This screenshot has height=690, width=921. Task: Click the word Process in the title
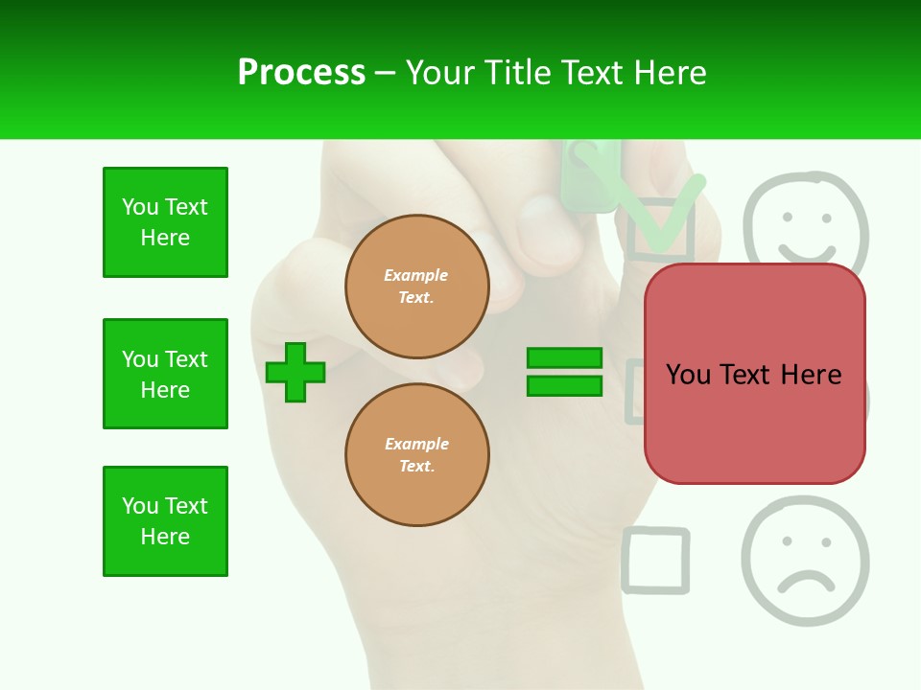(301, 73)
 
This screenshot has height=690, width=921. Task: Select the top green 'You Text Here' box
(165, 222)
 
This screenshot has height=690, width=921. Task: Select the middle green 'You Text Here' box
(165, 374)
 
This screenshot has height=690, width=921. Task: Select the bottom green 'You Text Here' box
(165, 521)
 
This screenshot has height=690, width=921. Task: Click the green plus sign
(295, 372)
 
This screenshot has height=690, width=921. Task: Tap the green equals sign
(564, 372)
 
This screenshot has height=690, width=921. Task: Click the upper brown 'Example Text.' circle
(417, 286)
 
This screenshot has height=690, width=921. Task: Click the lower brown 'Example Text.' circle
(417, 454)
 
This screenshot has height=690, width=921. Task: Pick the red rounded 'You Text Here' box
(754, 374)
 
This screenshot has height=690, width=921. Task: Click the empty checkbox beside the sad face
(656, 560)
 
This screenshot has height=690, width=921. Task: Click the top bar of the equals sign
(564, 358)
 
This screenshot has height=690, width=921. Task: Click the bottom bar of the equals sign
(564, 386)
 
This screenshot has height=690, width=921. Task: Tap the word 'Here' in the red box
(811, 375)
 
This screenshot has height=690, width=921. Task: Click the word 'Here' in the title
(671, 73)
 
